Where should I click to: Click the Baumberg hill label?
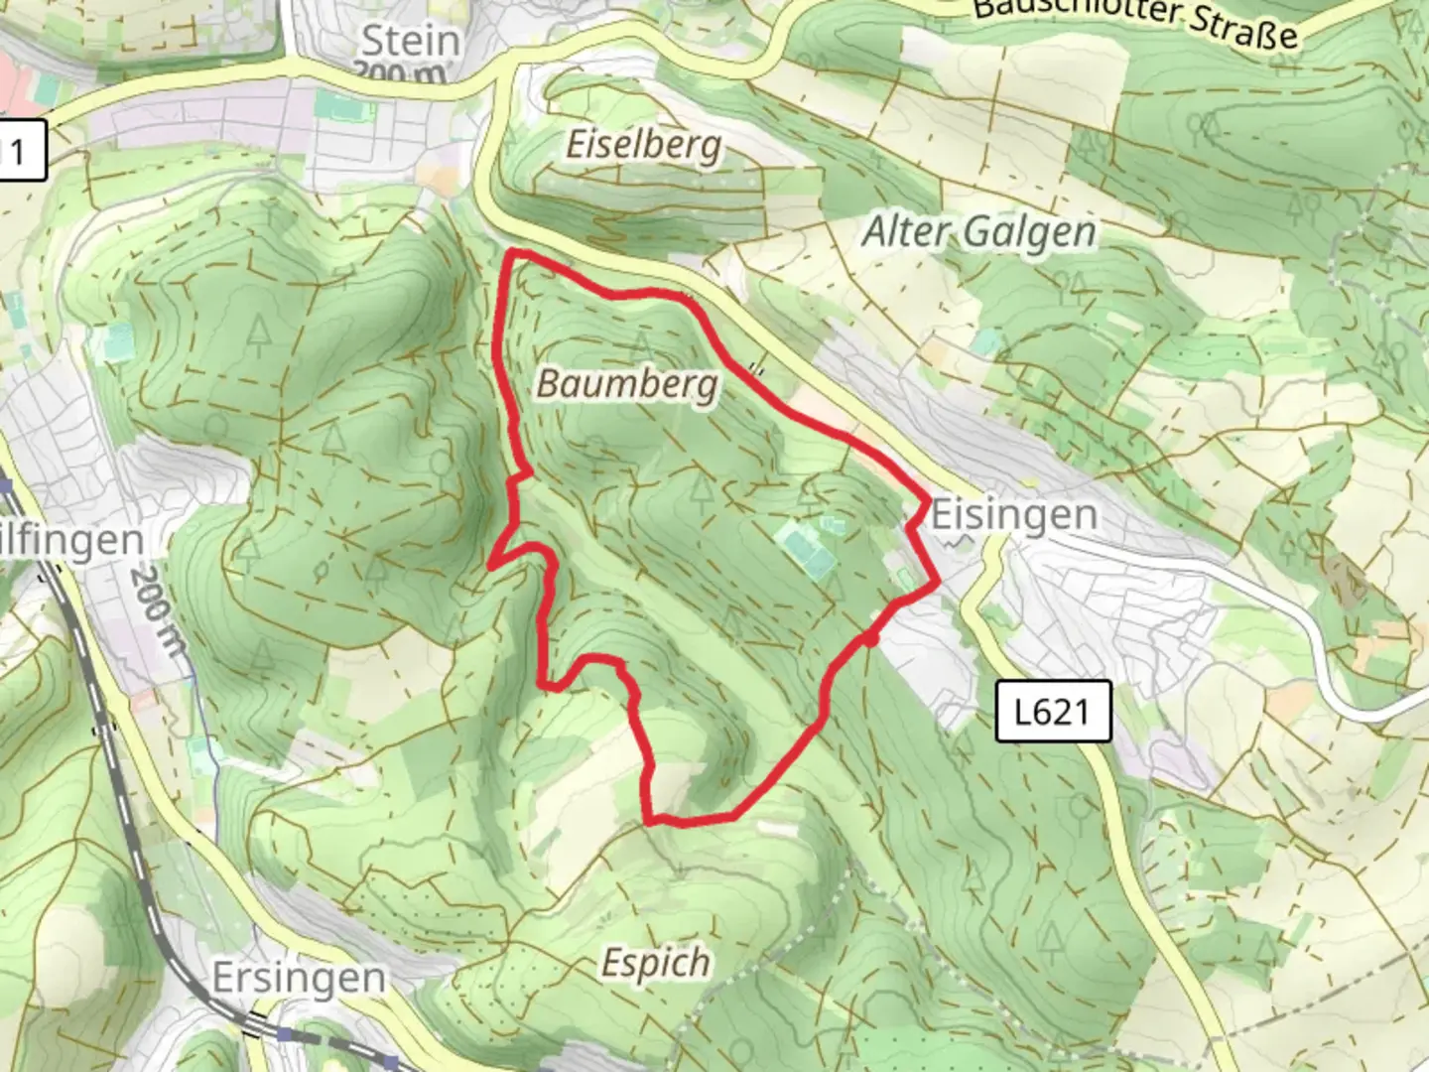(x=627, y=382)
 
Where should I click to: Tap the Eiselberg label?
(x=643, y=145)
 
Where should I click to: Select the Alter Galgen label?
(x=978, y=232)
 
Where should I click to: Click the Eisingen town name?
(x=1014, y=515)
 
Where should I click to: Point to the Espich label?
(x=656, y=962)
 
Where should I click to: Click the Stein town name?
(x=410, y=41)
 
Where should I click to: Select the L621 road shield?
(x=1052, y=711)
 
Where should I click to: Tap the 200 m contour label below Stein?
(x=403, y=72)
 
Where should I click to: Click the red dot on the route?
(x=870, y=641)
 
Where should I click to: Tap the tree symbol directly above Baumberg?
(x=640, y=346)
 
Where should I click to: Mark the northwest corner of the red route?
(x=512, y=255)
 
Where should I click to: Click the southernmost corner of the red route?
(x=651, y=821)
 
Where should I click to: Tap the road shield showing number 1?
(x=18, y=153)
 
